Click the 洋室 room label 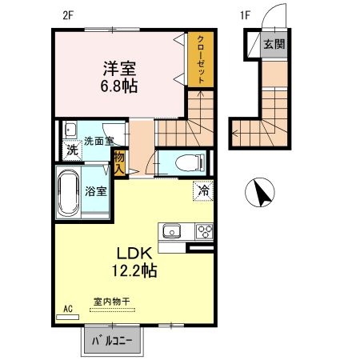120,68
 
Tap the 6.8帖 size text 119,86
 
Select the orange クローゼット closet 201,59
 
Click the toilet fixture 190,163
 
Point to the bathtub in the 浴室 68,194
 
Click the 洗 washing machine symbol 72,150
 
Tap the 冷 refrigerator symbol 203,190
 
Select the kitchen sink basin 172,231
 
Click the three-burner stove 205,231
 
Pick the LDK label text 134,254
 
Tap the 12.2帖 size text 134,270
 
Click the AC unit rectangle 68,317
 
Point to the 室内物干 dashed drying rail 112,310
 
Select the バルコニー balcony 112,340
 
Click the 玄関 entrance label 274,44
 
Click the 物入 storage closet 120,163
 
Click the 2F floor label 68,16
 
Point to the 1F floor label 245,15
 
